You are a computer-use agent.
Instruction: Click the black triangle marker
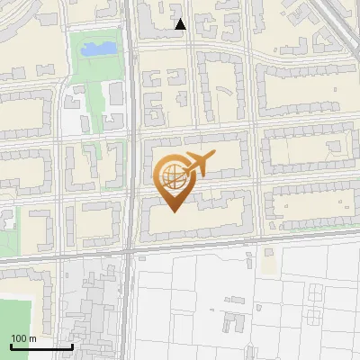coord(181,24)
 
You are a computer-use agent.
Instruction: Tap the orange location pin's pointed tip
coord(175,211)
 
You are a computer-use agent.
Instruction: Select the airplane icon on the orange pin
coord(200,164)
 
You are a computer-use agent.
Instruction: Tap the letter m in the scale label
coord(32,337)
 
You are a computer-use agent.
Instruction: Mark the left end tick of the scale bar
coord(11,346)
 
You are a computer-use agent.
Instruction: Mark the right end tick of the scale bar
coord(72,346)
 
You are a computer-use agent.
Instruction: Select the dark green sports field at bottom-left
coord(15,324)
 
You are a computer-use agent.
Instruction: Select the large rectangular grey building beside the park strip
coord(116,93)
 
